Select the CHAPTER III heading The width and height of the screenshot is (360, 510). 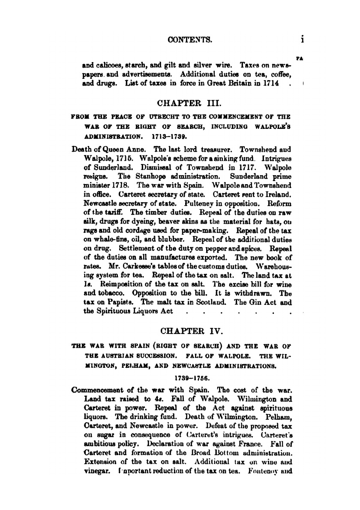point(186,103)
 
